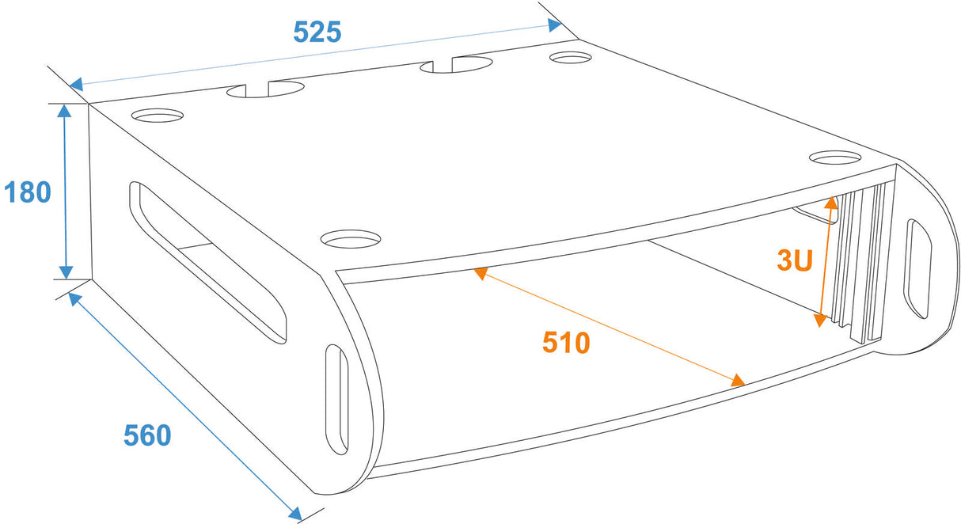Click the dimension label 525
pos(317,32)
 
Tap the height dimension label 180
pos(28,192)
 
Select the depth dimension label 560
pos(147,435)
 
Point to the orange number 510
pos(566,342)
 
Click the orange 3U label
pos(795,260)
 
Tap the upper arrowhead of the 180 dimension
pos(64,111)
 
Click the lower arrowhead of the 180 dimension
pos(66,272)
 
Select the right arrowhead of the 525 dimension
pos(555,25)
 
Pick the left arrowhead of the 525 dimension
pos(76,84)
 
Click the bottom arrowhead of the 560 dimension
pos(295,514)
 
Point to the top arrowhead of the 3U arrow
pos(831,203)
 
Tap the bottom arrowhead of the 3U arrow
pos(820,321)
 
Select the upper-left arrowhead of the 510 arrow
pos(480,273)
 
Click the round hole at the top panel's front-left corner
pos(351,239)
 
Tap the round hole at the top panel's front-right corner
pos(835,158)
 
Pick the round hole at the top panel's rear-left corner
pos(158,116)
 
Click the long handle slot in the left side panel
pos(207,263)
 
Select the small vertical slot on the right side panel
pos(917,268)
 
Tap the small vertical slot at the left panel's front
pos(336,399)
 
